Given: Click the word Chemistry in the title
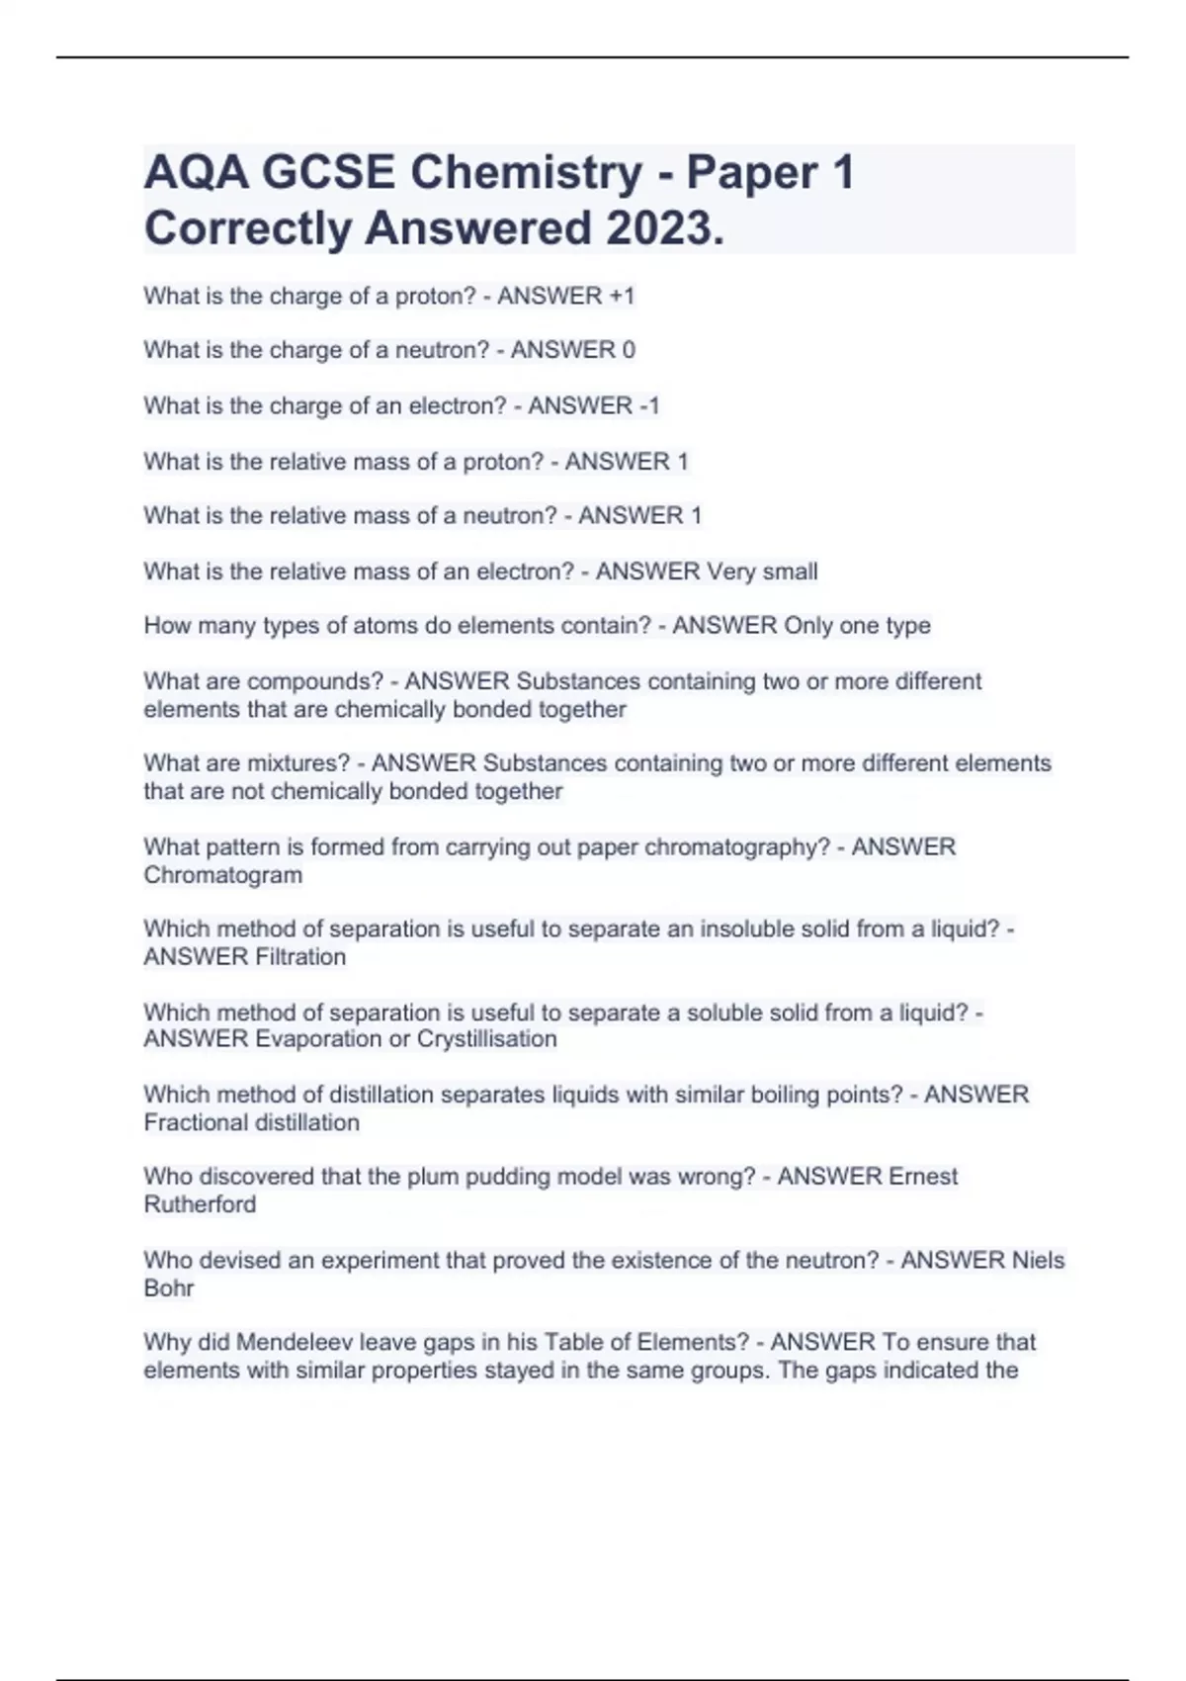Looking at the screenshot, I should click(526, 173).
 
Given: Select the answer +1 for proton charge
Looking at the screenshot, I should click(622, 296).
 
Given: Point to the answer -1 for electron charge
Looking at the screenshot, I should click(648, 405).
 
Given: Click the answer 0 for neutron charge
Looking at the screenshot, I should click(628, 350).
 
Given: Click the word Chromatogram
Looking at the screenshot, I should click(223, 875).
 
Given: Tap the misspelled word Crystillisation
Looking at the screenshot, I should click(486, 1039).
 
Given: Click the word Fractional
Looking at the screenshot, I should click(195, 1122).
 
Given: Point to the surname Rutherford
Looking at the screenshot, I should click(200, 1204).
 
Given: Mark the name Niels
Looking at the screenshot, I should click(1038, 1260).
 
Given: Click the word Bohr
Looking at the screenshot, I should click(169, 1287).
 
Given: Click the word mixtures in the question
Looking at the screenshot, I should click(297, 763).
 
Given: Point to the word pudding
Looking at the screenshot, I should click(507, 1177).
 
